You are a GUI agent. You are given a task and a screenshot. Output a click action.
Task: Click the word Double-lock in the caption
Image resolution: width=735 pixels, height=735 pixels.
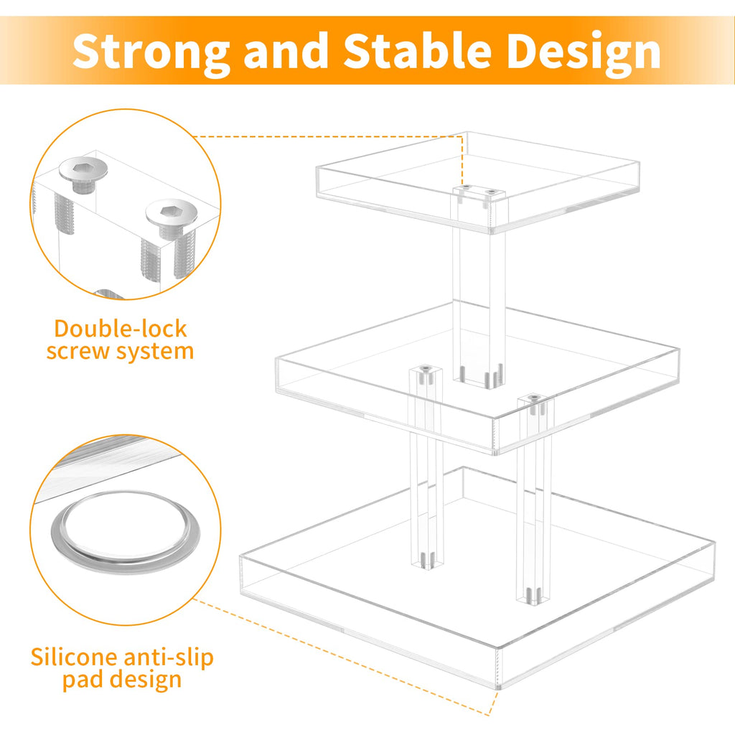click(121, 329)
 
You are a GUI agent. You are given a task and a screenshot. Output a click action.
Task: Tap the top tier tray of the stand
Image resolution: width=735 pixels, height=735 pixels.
click(477, 179)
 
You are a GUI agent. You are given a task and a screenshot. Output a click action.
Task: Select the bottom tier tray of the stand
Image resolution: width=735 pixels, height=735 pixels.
click(477, 574)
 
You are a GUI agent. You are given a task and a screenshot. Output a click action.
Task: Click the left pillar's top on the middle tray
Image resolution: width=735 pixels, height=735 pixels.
click(423, 375)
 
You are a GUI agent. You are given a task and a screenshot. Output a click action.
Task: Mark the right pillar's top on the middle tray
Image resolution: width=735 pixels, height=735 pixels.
click(535, 402)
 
